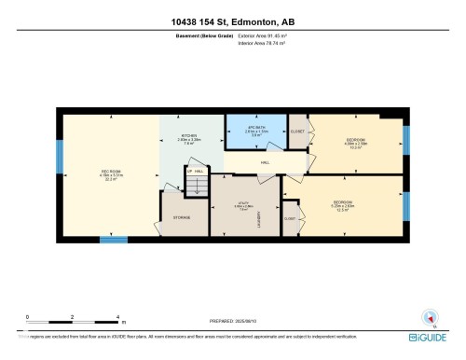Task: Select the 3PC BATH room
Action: (x=252, y=131)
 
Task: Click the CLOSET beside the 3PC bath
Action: (x=297, y=132)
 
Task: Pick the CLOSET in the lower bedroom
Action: (x=290, y=218)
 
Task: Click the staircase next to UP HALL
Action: (x=197, y=187)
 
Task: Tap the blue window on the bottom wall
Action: (x=113, y=240)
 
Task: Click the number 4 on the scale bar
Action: (x=116, y=316)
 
